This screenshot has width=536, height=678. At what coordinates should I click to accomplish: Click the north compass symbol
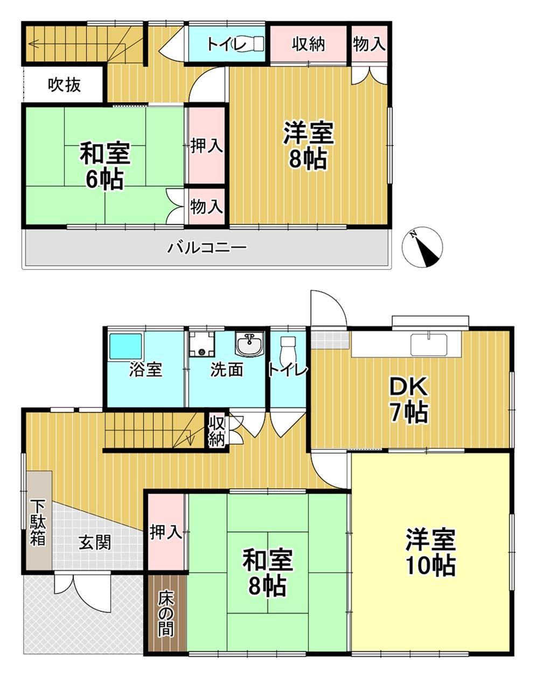[422, 247]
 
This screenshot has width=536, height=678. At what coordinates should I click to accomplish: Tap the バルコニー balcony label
[207, 247]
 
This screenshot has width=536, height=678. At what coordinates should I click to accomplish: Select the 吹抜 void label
[65, 85]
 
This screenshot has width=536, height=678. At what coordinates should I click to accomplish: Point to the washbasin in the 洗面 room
[249, 346]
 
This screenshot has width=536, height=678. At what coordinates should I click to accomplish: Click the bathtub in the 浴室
[126, 346]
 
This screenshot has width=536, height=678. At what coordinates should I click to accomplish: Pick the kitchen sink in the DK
[429, 344]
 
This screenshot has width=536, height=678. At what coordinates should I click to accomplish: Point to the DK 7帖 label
[409, 399]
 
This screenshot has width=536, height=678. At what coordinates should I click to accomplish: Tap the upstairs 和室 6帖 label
[105, 166]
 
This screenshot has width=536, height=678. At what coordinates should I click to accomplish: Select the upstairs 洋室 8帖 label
[308, 146]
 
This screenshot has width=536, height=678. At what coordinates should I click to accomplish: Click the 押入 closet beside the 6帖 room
[206, 146]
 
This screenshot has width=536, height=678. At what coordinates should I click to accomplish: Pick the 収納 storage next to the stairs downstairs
[217, 431]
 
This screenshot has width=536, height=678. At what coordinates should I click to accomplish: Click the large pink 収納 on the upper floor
[308, 44]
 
